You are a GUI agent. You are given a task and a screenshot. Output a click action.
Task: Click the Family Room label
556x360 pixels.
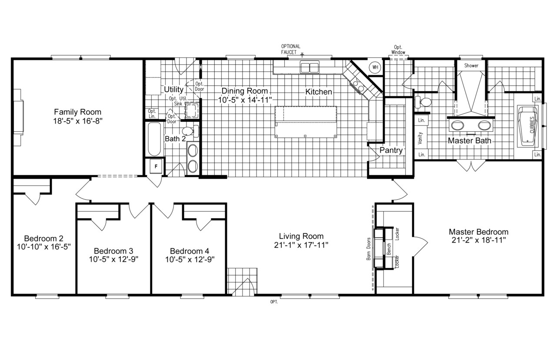click(x=77, y=112)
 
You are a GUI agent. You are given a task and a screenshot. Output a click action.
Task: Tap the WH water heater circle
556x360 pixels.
click(x=374, y=68)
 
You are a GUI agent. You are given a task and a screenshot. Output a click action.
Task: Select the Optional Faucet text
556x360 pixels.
click(x=290, y=49)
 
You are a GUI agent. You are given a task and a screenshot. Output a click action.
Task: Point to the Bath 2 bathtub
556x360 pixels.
click(x=154, y=140)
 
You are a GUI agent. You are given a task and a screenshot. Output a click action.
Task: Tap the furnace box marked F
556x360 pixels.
click(x=156, y=167)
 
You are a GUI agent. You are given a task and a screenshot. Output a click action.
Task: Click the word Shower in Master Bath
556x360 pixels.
click(x=471, y=66)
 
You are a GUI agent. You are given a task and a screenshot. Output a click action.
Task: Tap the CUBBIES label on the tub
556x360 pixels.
click(x=532, y=127)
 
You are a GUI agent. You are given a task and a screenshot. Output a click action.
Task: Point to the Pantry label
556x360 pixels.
click(x=391, y=150)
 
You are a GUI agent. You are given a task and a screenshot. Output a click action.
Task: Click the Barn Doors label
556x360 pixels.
click(x=369, y=249)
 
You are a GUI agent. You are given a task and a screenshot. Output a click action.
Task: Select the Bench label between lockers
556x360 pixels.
click(x=389, y=249)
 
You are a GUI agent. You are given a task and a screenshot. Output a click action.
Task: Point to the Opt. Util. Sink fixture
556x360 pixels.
click(x=191, y=111)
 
